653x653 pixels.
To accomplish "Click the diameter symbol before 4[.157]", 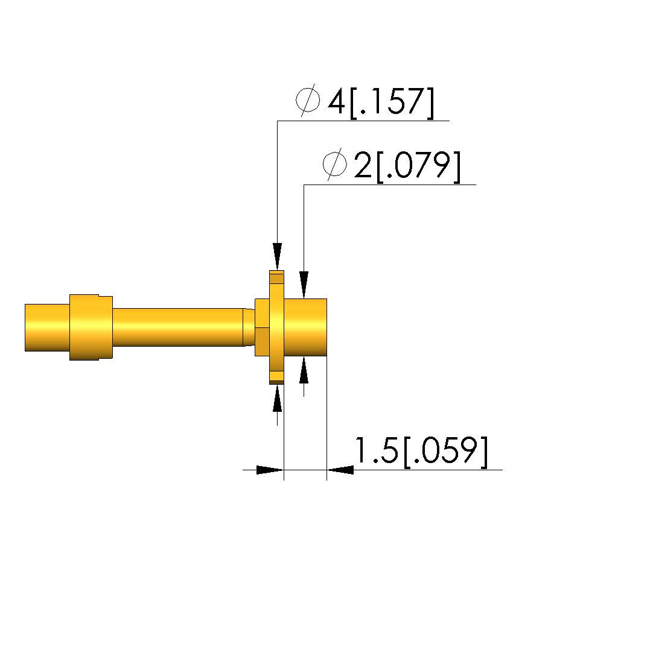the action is point(308,100).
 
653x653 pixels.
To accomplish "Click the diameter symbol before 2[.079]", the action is point(334,164).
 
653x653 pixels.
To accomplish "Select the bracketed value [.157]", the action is point(392,103).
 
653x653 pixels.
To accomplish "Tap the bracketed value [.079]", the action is point(418,166).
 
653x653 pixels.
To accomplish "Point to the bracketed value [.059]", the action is point(445,452).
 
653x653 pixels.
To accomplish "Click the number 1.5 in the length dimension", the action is point(377,450).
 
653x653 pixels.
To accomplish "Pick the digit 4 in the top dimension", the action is point(336,101).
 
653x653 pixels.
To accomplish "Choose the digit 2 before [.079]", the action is point(363,165).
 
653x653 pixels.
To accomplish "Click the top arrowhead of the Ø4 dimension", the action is point(278,256).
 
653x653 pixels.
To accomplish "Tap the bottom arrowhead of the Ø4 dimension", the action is point(278,398).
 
